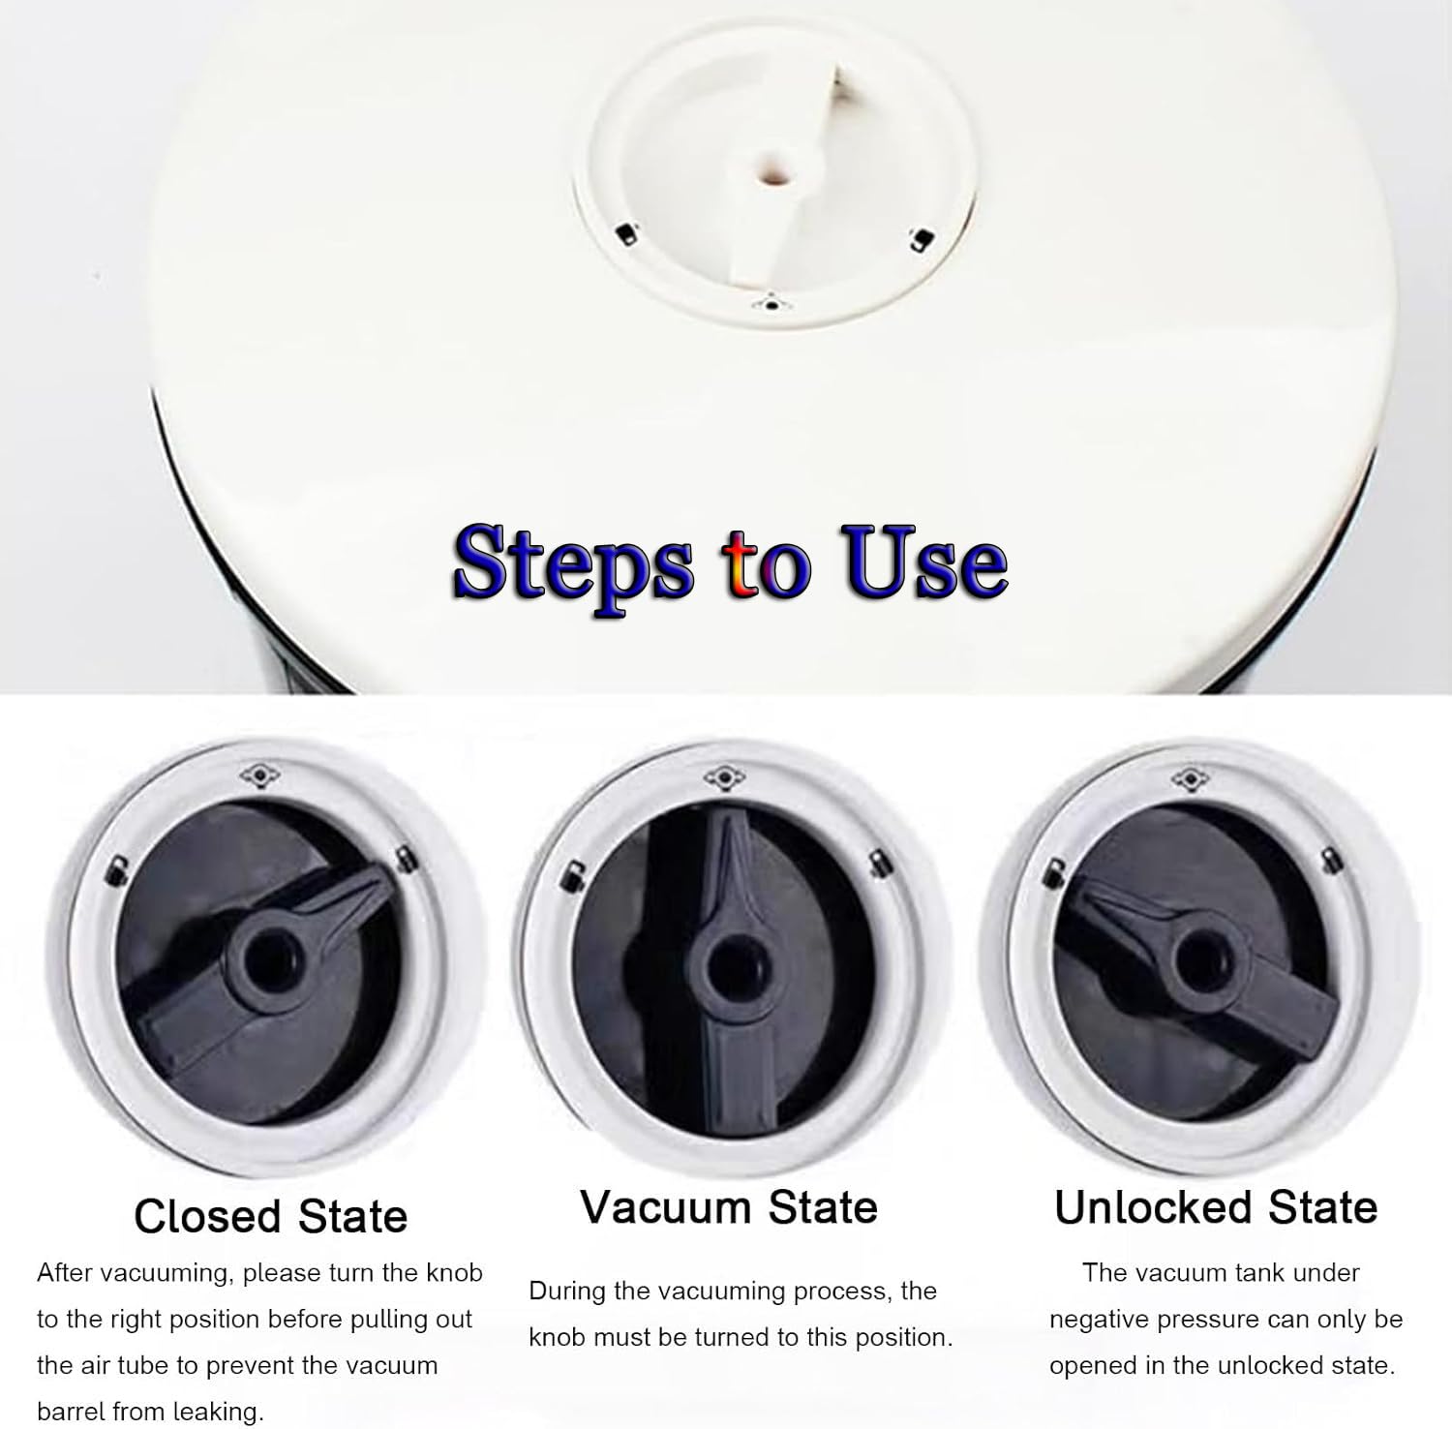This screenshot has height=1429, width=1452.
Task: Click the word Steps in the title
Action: coord(573,562)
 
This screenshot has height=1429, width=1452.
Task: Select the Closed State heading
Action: coord(271,1217)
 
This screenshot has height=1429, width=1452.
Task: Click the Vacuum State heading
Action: coord(729,1207)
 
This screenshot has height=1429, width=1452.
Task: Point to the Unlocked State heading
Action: coord(1216,1207)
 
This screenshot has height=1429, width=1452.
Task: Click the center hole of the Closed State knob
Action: coord(262,961)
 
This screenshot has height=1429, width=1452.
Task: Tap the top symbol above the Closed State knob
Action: coord(257,775)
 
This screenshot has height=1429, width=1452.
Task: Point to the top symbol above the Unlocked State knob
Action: coord(1189,775)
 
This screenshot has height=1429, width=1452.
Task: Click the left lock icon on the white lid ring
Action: coord(625,232)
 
